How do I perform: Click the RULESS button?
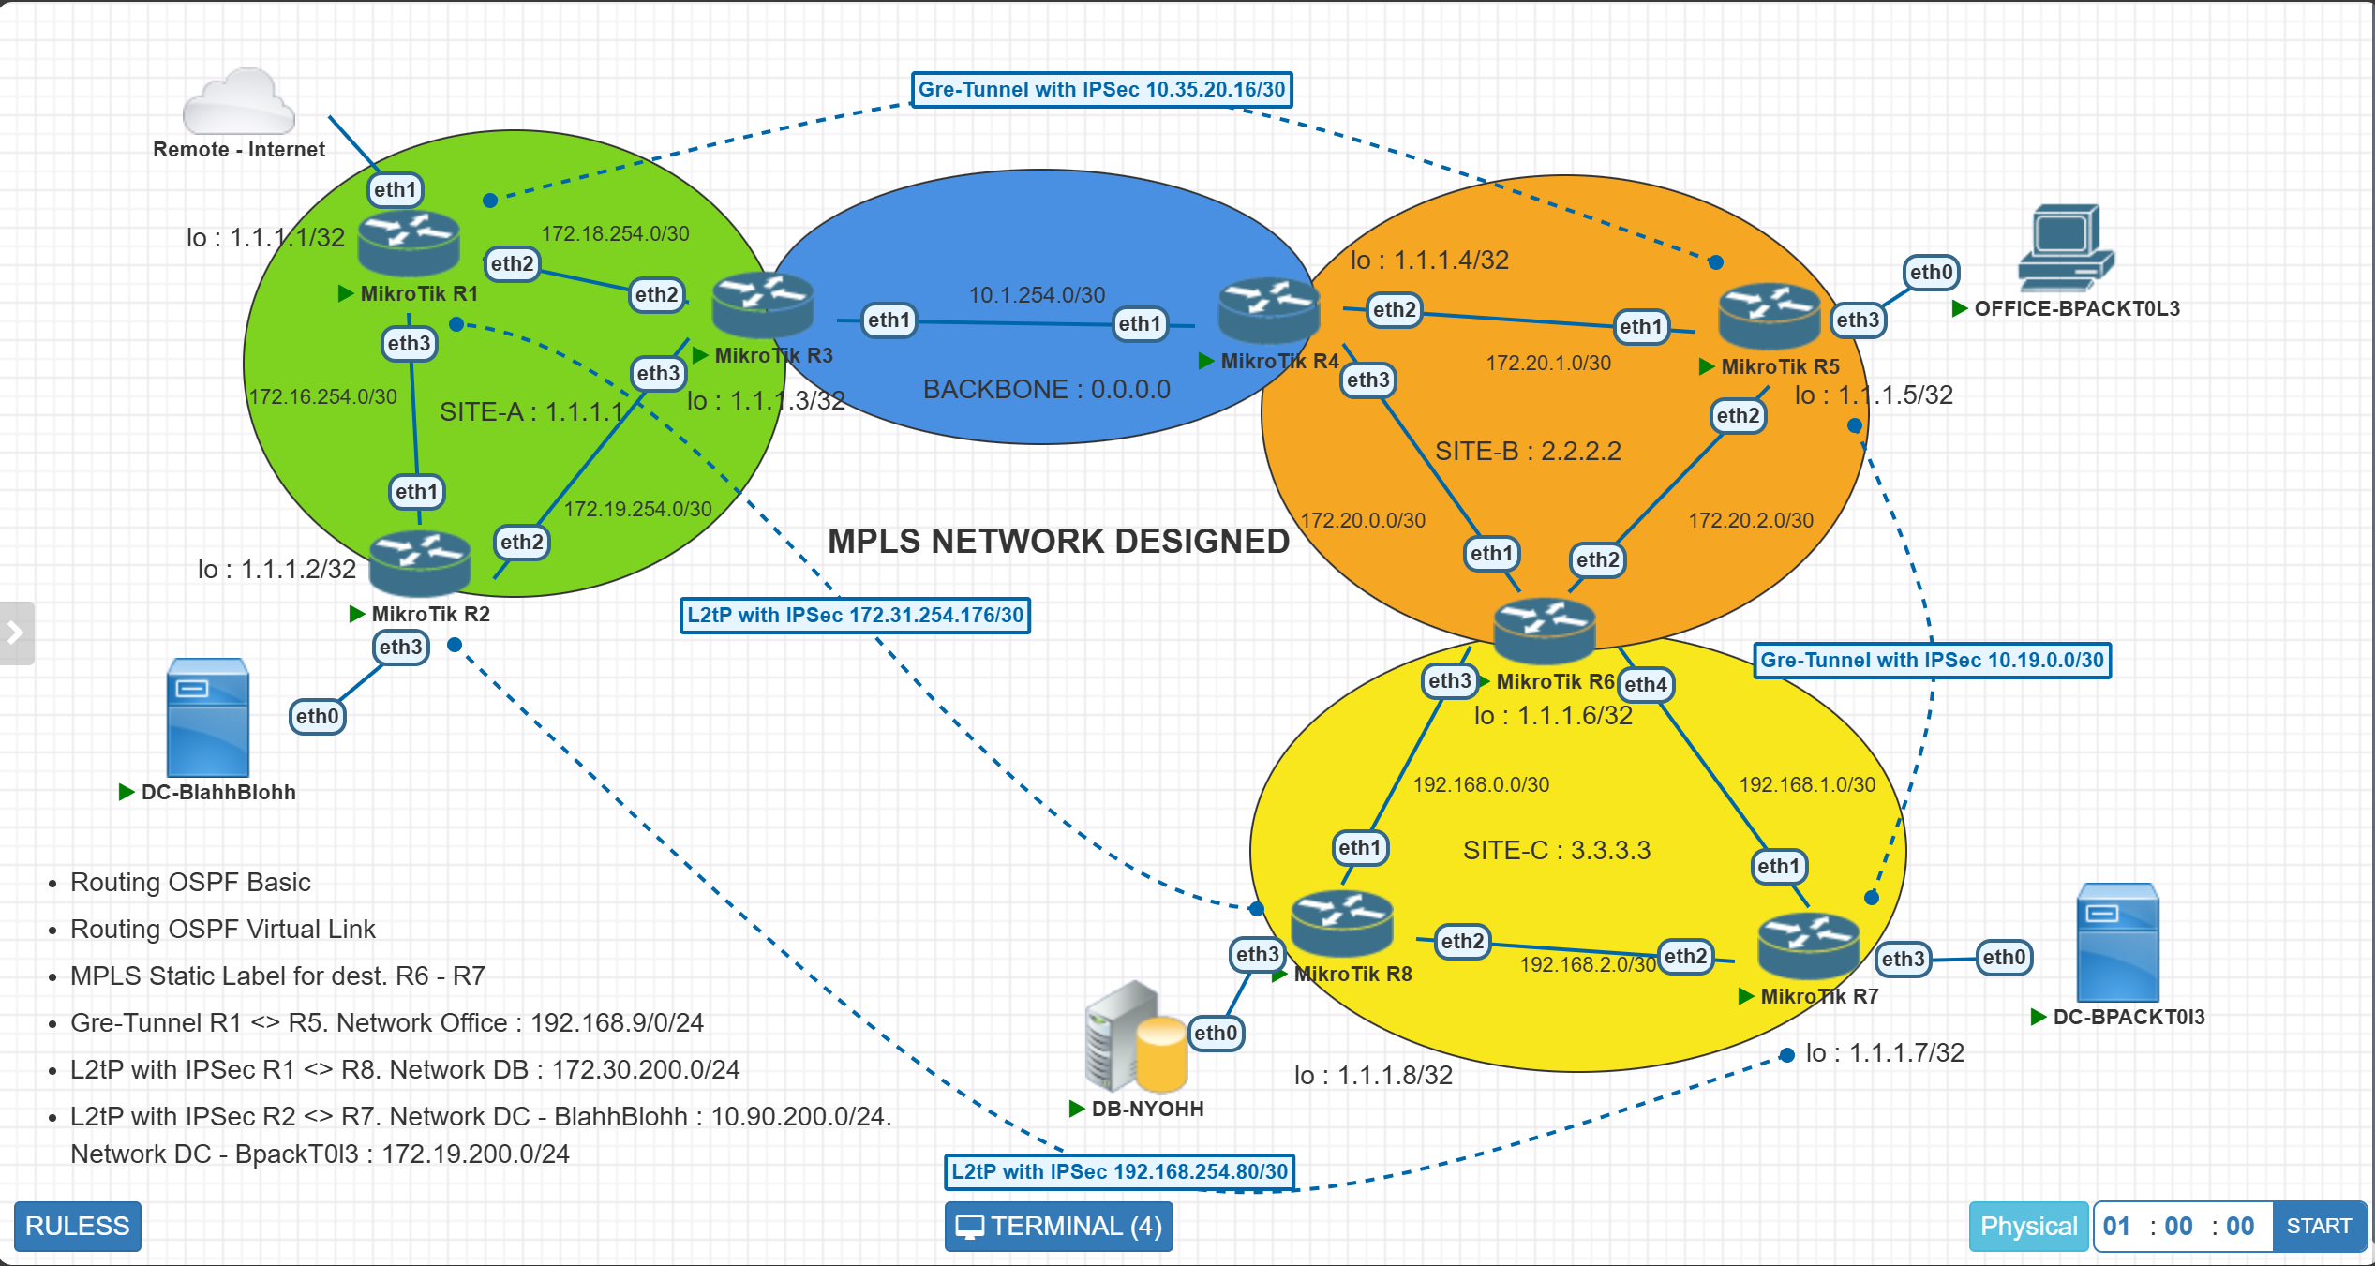click(77, 1226)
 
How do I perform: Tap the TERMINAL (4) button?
click(1058, 1226)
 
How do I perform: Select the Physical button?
click(2027, 1226)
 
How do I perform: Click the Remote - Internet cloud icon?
click(239, 102)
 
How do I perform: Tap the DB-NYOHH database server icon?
click(1135, 1038)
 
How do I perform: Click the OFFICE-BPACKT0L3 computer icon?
click(2065, 248)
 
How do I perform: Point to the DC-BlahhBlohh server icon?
click(207, 718)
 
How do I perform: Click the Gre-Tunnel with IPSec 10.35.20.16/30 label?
click(1101, 90)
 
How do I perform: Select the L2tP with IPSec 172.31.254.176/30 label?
click(855, 616)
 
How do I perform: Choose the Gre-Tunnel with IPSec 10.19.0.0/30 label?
click(1932, 661)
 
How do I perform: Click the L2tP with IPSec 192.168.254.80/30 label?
click(1119, 1171)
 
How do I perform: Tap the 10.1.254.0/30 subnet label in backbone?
click(1037, 295)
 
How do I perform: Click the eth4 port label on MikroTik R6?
click(1646, 684)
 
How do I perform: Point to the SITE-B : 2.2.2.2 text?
click(1528, 451)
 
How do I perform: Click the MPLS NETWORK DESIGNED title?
click(1058, 541)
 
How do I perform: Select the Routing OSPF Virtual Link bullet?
click(223, 929)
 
